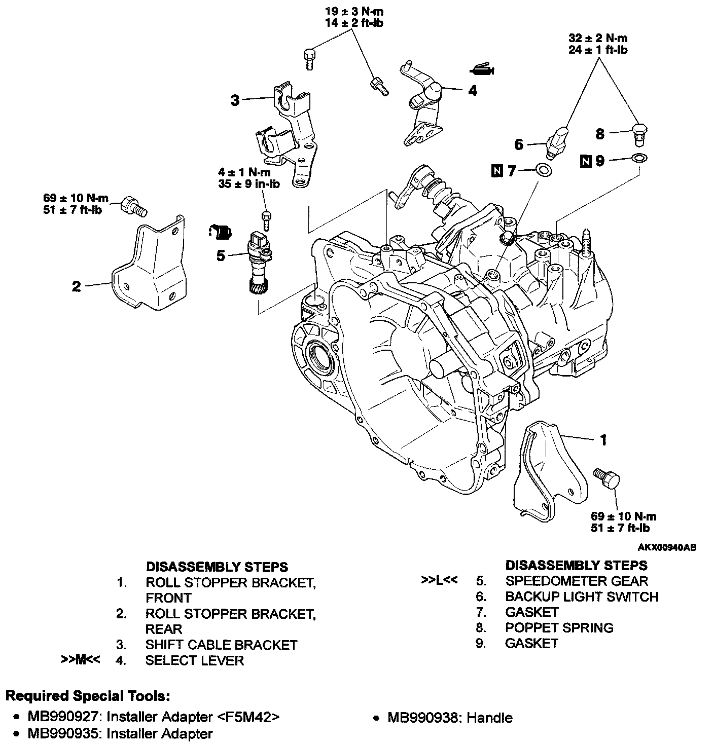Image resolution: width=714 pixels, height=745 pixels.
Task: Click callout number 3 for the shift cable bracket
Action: point(235,100)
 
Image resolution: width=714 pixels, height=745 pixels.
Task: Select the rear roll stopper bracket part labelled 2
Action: point(150,266)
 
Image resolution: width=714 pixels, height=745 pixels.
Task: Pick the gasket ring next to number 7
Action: point(544,170)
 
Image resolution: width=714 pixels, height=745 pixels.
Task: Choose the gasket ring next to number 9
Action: point(639,159)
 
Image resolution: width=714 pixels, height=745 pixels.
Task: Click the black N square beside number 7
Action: point(497,172)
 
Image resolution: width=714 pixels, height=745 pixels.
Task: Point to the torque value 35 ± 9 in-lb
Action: point(249,184)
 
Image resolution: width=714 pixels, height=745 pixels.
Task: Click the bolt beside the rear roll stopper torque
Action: point(132,206)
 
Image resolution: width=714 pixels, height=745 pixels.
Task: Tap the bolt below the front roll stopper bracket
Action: point(608,478)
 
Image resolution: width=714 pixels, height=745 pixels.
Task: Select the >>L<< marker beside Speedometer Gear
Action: point(439,580)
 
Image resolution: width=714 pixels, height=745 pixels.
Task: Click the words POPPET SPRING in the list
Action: point(559,627)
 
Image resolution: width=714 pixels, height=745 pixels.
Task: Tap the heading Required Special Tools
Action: point(87,696)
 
